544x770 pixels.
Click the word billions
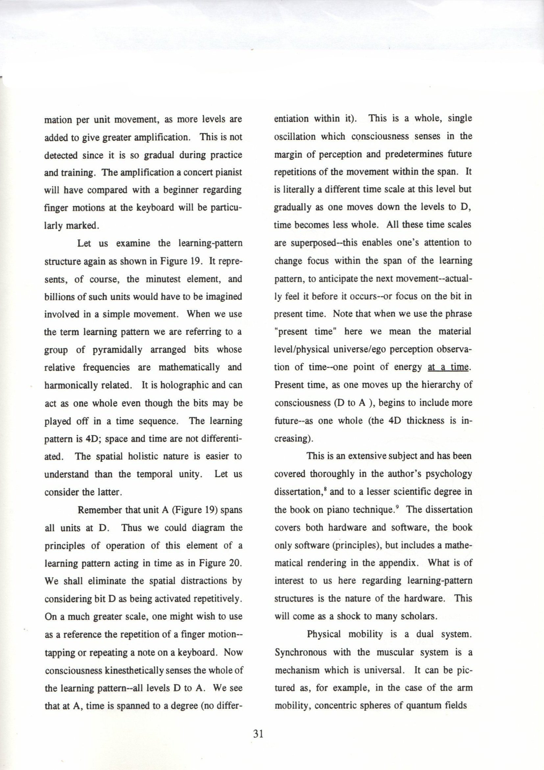58,297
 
